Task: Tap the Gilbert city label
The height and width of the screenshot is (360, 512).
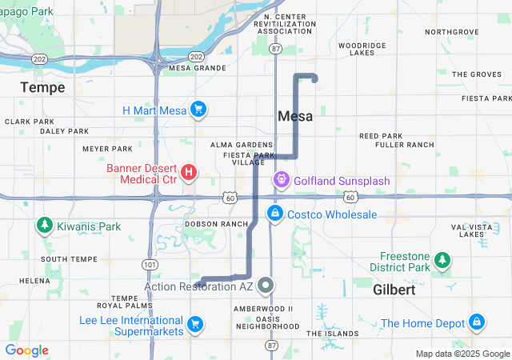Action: (x=394, y=290)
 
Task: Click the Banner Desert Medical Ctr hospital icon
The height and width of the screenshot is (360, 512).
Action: (x=189, y=172)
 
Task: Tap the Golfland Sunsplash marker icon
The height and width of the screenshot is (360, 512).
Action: (x=282, y=181)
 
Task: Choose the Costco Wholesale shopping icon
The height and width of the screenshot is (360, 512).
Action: (x=274, y=214)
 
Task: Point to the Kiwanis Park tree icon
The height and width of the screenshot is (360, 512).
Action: (x=43, y=226)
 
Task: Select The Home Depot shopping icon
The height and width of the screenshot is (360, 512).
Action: (x=477, y=322)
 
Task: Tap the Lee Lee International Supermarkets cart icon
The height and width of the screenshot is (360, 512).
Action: (x=194, y=324)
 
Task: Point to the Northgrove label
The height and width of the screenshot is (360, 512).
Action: (x=451, y=32)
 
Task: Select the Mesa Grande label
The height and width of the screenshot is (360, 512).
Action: (x=198, y=68)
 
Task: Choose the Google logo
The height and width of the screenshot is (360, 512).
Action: (x=26, y=350)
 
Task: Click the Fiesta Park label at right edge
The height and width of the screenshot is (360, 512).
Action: (x=491, y=98)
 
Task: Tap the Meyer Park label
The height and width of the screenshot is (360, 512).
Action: (x=107, y=149)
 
